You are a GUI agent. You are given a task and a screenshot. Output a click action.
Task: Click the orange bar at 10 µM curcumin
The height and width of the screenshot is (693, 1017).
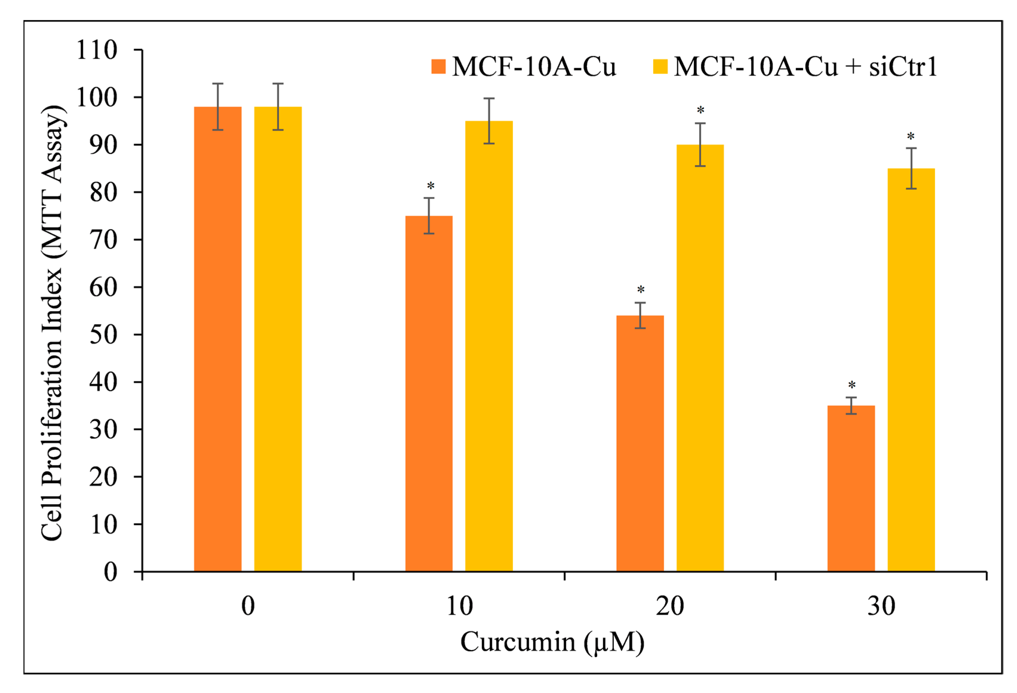point(429,394)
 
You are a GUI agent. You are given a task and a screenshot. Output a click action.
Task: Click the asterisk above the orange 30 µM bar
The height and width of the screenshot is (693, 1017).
point(852,386)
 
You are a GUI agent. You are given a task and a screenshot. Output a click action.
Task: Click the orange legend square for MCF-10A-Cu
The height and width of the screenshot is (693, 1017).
point(438,67)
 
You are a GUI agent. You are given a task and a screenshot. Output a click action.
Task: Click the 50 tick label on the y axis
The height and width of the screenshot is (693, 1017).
point(103,335)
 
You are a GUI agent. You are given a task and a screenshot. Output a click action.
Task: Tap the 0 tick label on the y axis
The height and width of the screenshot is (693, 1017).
point(110,572)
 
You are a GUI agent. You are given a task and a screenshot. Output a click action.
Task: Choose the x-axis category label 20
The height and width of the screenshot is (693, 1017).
point(670,606)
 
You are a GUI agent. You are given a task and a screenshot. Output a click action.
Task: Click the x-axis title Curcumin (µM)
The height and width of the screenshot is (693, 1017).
point(552,642)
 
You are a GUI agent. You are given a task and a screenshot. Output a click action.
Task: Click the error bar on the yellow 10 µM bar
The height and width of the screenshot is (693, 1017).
point(489,121)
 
